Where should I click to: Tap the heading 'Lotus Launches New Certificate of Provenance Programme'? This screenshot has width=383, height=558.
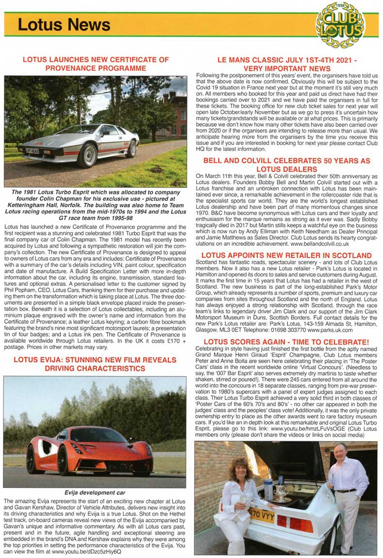[x=96, y=64]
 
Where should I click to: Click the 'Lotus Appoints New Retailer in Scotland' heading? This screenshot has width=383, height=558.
[x=287, y=255]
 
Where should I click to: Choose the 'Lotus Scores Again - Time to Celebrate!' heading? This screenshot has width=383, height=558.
[x=287, y=342]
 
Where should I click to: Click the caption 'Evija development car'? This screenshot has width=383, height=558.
[x=95, y=492]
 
